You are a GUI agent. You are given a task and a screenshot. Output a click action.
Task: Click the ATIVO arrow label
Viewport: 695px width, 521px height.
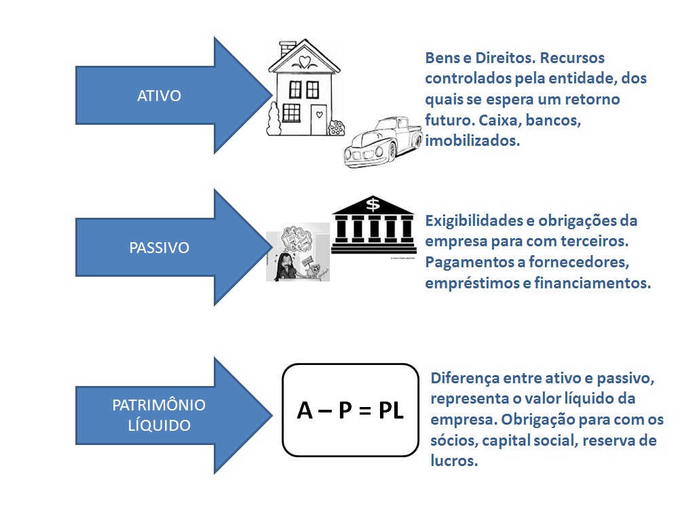click(x=159, y=96)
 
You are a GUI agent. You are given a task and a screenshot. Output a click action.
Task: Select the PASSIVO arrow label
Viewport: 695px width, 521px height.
click(x=159, y=248)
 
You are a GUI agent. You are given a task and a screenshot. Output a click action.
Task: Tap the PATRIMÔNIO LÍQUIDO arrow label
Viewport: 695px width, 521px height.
click(x=159, y=415)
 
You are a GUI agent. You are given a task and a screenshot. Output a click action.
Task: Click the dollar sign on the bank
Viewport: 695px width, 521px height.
click(x=373, y=204)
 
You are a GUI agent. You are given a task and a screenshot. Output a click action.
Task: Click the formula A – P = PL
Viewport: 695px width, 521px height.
click(x=350, y=410)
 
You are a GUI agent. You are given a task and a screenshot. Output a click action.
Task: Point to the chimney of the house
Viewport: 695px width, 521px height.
click(x=288, y=48)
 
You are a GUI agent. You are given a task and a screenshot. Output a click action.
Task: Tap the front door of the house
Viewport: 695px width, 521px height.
click(x=318, y=120)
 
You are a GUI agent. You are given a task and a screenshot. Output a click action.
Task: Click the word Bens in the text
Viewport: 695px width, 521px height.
click(x=440, y=58)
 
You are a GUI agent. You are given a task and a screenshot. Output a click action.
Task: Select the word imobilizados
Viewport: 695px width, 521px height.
click(x=472, y=141)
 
